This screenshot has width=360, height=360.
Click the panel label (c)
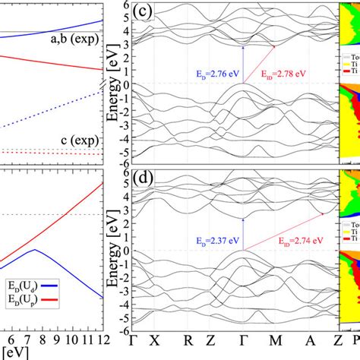(144, 13)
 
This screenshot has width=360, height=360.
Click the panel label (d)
(144, 182)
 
